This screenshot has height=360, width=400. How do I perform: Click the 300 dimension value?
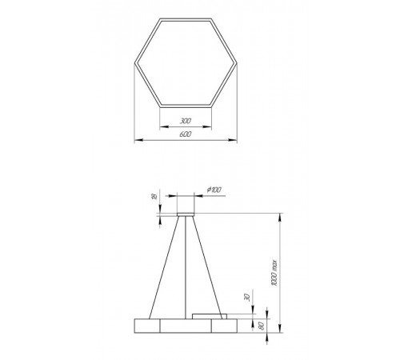pos(186,122)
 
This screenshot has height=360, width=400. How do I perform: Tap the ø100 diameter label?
pos(214,188)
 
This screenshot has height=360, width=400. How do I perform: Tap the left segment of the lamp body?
pos(146,326)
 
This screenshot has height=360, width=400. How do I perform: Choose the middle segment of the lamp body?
pos(186,326)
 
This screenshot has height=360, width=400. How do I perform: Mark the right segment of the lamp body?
pos(225,326)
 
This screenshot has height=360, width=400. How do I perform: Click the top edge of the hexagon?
pos(186,18)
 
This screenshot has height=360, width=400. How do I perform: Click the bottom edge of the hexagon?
pos(186,104)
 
